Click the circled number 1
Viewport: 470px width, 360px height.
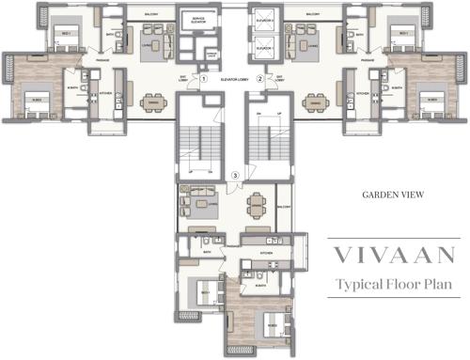203,81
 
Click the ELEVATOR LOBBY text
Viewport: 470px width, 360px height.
230,81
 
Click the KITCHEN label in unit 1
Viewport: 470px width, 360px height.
106,94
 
